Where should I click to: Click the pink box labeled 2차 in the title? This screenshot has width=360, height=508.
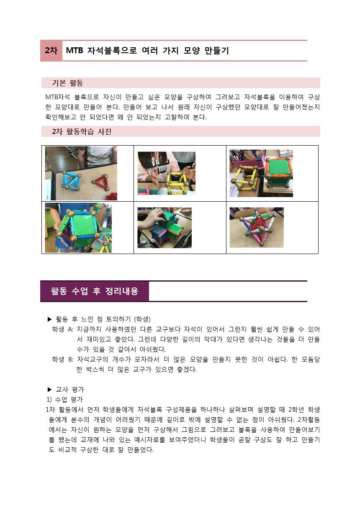(x=51, y=51)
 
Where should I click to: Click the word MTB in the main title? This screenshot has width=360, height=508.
(x=75, y=50)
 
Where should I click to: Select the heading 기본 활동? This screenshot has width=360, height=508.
(x=67, y=83)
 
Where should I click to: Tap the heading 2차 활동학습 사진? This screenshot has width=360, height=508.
(x=82, y=131)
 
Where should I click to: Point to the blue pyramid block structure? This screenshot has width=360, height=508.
(x=70, y=180)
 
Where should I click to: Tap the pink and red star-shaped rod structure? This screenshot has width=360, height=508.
(x=257, y=228)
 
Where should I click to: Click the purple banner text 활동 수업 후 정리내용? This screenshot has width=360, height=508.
(x=94, y=291)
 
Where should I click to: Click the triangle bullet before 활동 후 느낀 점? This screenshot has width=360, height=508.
(x=50, y=319)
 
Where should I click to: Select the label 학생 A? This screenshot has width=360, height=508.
(x=63, y=329)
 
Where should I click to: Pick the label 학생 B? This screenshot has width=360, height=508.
(x=63, y=359)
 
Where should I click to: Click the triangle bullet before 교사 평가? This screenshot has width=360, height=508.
(x=50, y=390)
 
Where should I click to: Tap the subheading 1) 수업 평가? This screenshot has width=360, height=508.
(x=65, y=400)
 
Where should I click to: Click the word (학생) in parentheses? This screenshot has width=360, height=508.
(x=142, y=319)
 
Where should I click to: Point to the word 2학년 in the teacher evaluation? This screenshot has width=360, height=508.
(x=296, y=410)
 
